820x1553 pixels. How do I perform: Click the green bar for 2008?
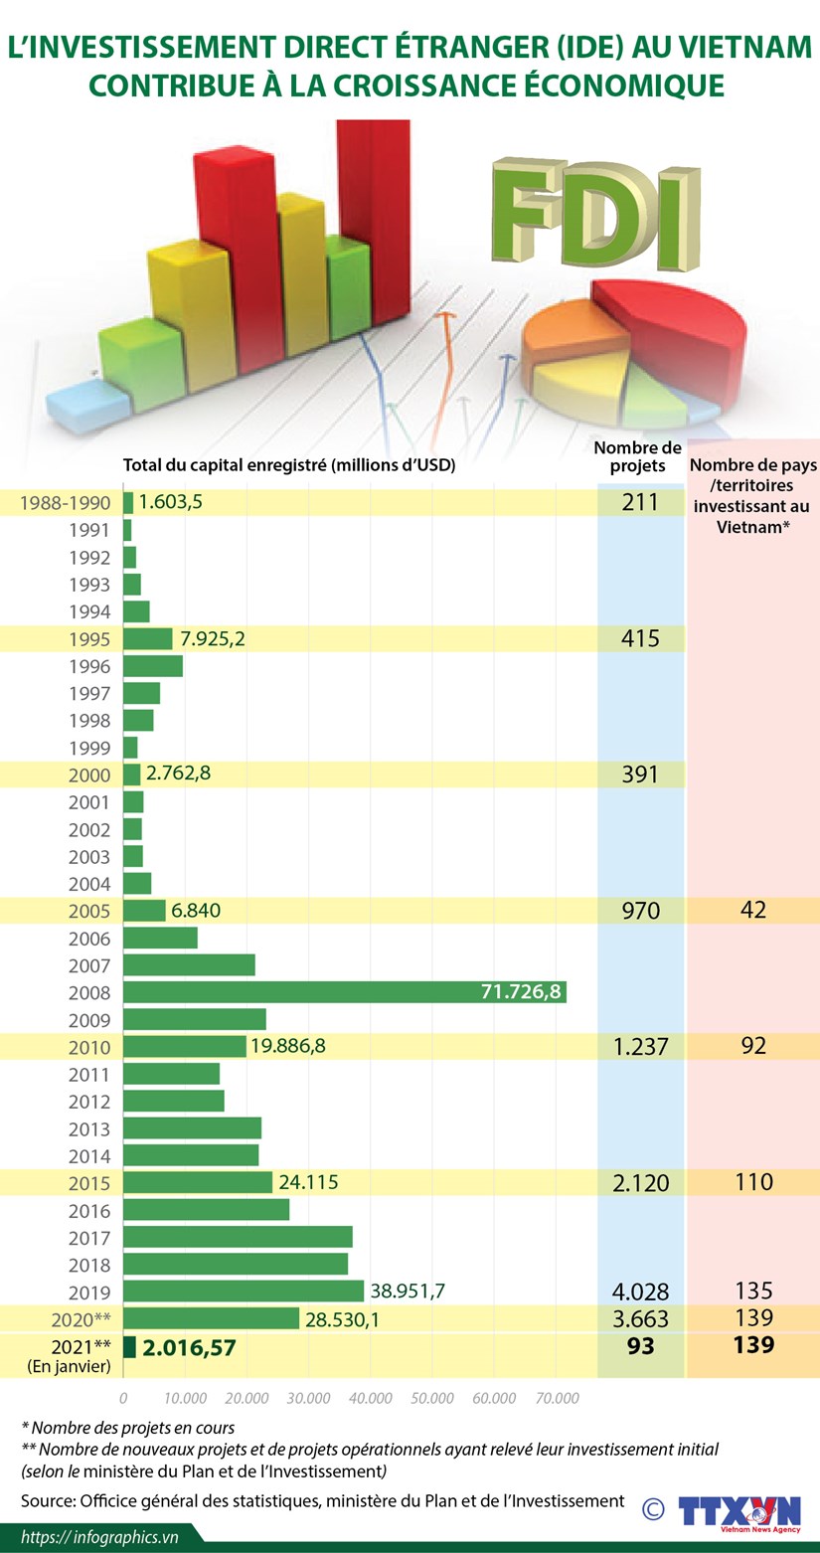pyautogui.click(x=345, y=992)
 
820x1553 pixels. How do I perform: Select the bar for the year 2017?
pyautogui.click(x=238, y=1237)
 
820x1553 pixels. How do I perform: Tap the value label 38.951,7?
pyautogui.click(x=408, y=1291)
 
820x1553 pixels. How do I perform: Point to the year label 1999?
pyautogui.click(x=89, y=748)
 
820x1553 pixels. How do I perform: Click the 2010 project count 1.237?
pyautogui.click(x=640, y=1046)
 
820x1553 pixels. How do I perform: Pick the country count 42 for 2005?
pyautogui.click(x=753, y=910)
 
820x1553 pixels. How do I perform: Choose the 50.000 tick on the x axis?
pyautogui.click(x=431, y=1398)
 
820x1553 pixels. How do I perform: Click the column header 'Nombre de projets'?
pyautogui.click(x=638, y=457)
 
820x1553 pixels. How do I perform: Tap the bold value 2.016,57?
pyautogui.click(x=189, y=1348)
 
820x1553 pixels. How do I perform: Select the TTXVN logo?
pyautogui.click(x=738, y=1513)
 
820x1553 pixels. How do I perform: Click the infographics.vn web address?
pyautogui.click(x=99, y=1537)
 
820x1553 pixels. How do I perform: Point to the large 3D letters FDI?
pyautogui.click(x=595, y=214)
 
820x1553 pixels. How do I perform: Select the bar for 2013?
pyautogui.click(x=192, y=1128)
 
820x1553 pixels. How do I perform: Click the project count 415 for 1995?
pyautogui.click(x=640, y=638)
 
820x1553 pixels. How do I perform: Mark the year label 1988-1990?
pyautogui.click(x=66, y=503)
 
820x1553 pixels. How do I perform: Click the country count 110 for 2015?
pyautogui.click(x=753, y=1182)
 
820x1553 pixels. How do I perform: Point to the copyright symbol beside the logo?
pyautogui.click(x=653, y=1509)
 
